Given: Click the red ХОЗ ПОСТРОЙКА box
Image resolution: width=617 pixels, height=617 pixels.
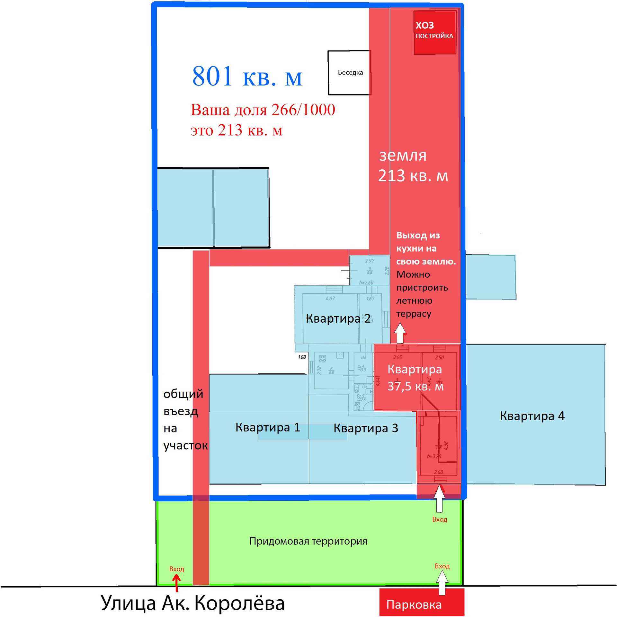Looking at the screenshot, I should (434, 32).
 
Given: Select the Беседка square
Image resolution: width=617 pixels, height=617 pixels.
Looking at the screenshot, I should (350, 73).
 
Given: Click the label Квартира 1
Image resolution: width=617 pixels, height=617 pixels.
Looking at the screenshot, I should (268, 427).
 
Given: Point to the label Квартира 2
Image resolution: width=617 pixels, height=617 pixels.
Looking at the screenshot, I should (338, 318).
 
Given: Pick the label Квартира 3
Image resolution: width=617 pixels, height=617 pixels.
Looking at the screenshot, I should (366, 428).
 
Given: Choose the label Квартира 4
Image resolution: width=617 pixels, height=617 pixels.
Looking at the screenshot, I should (532, 416).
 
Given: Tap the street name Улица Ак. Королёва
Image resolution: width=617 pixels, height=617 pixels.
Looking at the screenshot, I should (192, 603).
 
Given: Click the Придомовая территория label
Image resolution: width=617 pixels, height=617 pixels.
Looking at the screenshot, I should (308, 541).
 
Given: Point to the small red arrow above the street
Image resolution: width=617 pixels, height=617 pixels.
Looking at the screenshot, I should (176, 582).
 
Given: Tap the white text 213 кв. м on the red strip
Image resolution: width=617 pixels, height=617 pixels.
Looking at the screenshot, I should (413, 176).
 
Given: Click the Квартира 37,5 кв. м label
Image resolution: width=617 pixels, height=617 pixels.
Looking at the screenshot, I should (415, 378).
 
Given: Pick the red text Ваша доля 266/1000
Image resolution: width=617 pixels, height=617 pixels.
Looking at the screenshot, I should (263, 110).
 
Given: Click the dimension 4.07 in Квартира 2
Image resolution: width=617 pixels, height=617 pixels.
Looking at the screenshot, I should (330, 299).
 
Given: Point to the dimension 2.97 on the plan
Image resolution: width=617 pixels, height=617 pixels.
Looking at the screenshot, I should (370, 261).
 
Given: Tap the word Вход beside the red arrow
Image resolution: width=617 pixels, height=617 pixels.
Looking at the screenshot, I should (176, 569).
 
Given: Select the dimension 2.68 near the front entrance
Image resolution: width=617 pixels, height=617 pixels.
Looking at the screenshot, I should (438, 472).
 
